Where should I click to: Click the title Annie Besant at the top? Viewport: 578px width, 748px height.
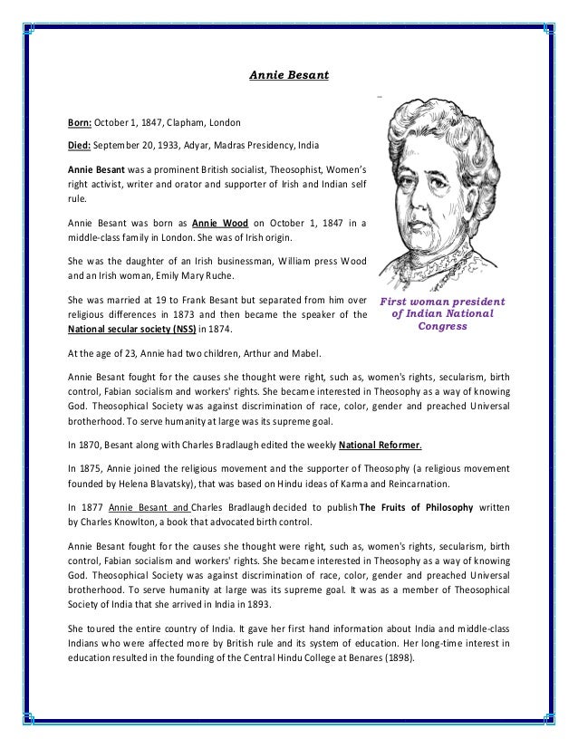coord(288,76)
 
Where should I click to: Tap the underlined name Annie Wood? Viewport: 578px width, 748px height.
coord(218,221)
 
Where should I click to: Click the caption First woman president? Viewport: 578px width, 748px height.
coord(443,302)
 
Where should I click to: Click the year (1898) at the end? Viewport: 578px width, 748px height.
coord(397,672)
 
